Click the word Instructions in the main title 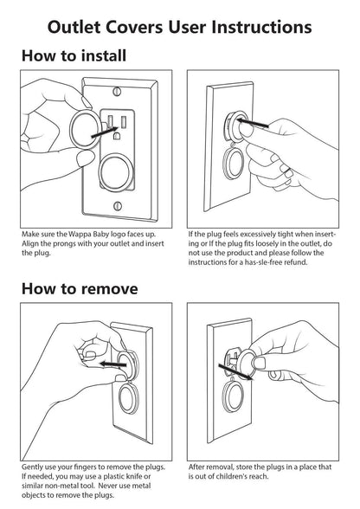pos(261,27)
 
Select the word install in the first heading pos(104,55)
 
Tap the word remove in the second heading pos(109,289)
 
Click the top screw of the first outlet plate pos(117,91)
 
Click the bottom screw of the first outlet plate pos(119,205)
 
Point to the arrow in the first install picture pos(104,132)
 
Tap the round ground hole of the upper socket pos(117,135)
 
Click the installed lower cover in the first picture pos(116,172)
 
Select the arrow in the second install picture pos(253,123)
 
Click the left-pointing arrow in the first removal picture pos(113,364)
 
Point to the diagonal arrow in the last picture pos(235,371)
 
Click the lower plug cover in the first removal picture pos(128,397)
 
